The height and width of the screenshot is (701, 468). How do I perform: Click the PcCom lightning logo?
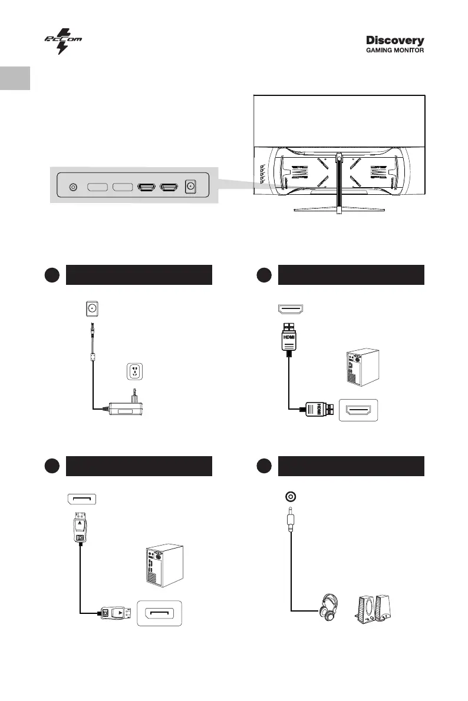pyautogui.click(x=62, y=41)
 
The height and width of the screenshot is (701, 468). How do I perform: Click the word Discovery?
pyautogui.click(x=395, y=41)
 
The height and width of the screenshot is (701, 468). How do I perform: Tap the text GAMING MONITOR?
pyautogui.click(x=395, y=51)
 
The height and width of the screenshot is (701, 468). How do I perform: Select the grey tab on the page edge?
pyautogui.click(x=15, y=78)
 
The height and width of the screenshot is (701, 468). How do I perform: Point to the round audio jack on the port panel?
pyautogui.click(x=73, y=187)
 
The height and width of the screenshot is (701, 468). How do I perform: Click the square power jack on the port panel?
pyautogui.click(x=190, y=187)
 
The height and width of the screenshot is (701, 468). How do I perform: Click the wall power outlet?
pyautogui.click(x=136, y=372)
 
